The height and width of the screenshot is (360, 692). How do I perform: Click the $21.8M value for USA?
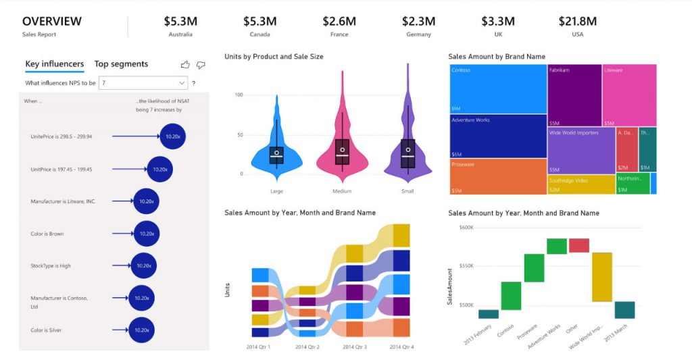(x=577, y=21)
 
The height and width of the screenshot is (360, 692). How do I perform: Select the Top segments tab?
(x=121, y=64)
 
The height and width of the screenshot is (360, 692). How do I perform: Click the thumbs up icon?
(x=185, y=65)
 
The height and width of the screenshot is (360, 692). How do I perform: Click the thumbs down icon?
(x=201, y=65)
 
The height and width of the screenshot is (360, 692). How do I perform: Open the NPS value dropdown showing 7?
(x=143, y=82)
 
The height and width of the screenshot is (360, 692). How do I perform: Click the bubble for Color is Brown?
(x=147, y=234)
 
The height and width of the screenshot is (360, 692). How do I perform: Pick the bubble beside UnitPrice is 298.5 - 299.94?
(x=172, y=136)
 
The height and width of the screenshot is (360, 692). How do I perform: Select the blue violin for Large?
(x=276, y=145)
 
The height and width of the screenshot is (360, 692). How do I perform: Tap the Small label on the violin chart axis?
(x=407, y=191)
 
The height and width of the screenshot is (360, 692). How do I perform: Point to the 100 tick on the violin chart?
(x=238, y=95)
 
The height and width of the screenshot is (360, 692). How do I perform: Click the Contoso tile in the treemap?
(x=498, y=88)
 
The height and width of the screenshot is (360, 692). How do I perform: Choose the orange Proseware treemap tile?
(x=498, y=176)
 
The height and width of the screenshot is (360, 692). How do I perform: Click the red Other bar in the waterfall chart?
(x=579, y=245)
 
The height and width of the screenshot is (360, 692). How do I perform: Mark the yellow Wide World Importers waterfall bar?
(x=601, y=277)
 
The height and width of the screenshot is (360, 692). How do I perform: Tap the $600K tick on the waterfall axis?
(x=465, y=227)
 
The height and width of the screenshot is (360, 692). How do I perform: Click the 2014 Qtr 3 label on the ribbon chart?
(x=355, y=347)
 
